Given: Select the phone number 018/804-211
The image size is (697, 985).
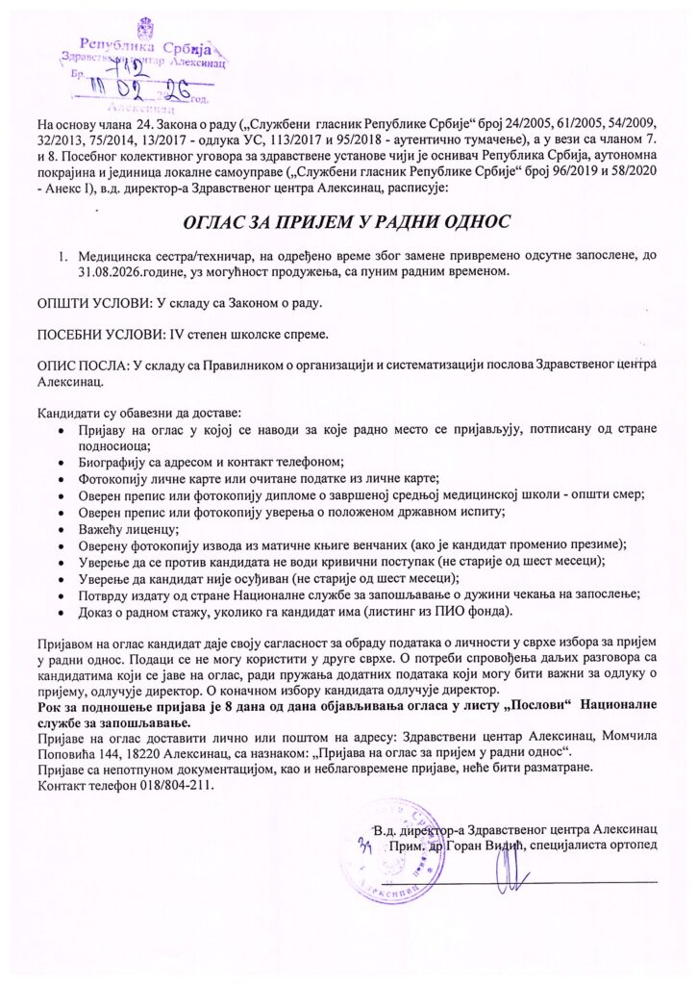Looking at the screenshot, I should [x=180, y=785].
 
